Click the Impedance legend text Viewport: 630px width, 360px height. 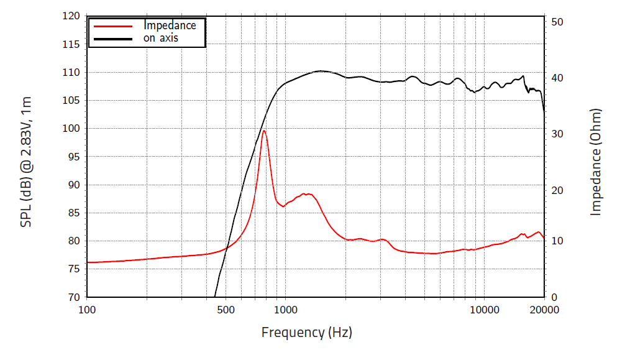pyautogui.click(x=170, y=25)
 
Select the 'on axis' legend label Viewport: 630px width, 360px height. pyautogui.click(x=161, y=38)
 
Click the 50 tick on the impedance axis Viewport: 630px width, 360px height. pyautogui.click(x=557, y=22)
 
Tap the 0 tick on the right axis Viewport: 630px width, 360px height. pyautogui.click(x=554, y=297)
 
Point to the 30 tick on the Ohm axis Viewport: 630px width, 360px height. pyautogui.click(x=557, y=134)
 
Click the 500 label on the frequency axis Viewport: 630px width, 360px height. pyautogui.click(x=226, y=309)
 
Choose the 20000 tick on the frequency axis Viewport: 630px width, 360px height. pyautogui.click(x=544, y=309)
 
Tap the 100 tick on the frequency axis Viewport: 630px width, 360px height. pyautogui.click(x=87, y=309)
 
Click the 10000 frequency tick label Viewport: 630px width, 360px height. pyautogui.click(x=483, y=309)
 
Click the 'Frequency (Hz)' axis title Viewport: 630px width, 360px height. pyautogui.click(x=306, y=332)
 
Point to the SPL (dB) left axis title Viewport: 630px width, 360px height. pyautogui.click(x=26, y=162)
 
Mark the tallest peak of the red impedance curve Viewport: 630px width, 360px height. pyautogui.click(x=264, y=131)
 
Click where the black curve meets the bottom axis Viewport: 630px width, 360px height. pyautogui.click(x=214, y=297)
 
